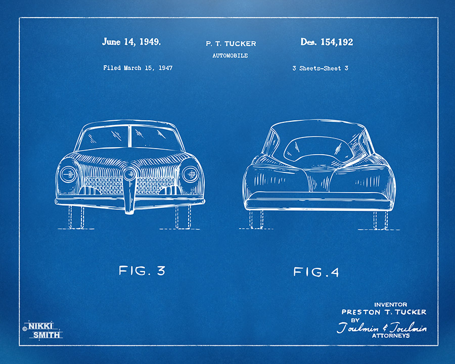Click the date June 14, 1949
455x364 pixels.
(131, 42)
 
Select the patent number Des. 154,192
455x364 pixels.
(327, 42)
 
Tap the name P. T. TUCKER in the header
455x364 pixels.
(231, 44)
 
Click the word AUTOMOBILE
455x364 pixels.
(230, 56)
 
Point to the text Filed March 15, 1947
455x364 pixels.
(138, 68)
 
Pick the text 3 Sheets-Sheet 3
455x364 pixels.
(320, 68)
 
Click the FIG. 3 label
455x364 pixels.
(142, 271)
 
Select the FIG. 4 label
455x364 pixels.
(316, 272)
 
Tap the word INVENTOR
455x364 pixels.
(391, 304)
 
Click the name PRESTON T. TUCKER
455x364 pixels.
(384, 312)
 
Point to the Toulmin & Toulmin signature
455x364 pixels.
(382, 328)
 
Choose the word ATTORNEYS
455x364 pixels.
(391, 336)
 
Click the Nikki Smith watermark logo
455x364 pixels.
(43, 330)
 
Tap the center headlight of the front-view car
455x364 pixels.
(130, 174)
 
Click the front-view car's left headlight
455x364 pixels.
(68, 174)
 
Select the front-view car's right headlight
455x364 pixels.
(191, 174)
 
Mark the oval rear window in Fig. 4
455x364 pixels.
(318, 149)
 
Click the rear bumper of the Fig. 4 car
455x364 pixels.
(319, 201)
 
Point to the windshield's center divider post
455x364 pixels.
(129, 136)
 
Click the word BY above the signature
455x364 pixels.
(355, 320)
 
